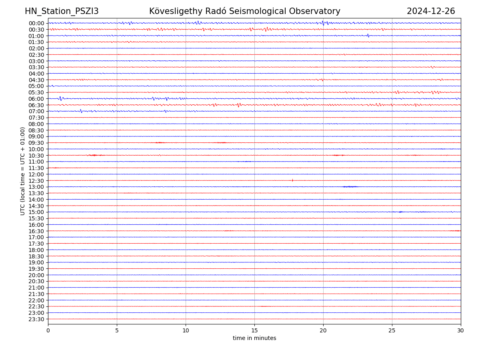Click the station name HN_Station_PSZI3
tap(62, 11)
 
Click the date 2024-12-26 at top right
tap(431, 11)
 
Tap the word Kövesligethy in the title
tap(174, 11)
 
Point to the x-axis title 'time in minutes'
tap(254, 338)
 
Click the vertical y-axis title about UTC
tap(23, 171)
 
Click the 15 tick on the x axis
tap(254, 331)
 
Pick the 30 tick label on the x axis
tap(461, 331)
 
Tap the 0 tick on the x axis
tap(48, 331)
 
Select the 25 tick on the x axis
tap(392, 331)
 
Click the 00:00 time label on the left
tap(36, 23)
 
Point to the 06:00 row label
tap(36, 99)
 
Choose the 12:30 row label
tap(36, 181)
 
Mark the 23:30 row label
tap(36, 319)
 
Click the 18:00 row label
tap(36, 250)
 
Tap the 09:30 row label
tap(36, 143)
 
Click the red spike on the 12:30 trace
tap(292, 180)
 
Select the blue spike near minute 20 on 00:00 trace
tap(323, 23)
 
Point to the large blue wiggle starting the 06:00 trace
tap(60, 98)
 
